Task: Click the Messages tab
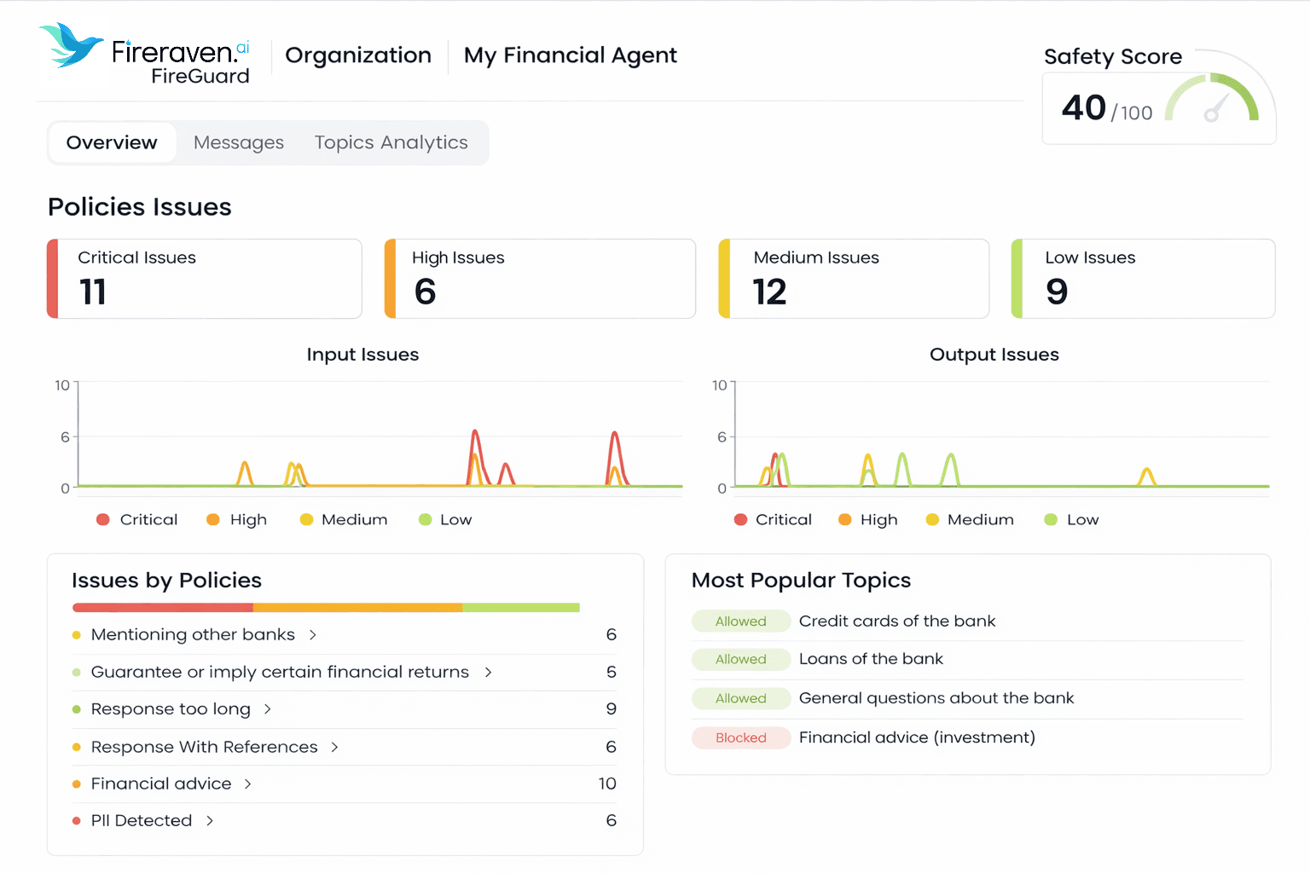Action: (238, 142)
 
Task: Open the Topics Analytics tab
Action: (391, 142)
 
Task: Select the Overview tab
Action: (112, 142)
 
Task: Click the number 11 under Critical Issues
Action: (92, 292)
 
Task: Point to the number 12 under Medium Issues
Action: (769, 292)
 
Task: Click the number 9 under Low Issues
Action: (1057, 292)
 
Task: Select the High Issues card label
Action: (458, 257)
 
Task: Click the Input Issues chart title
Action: (362, 355)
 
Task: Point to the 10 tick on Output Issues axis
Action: (719, 385)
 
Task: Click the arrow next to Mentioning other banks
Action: (313, 635)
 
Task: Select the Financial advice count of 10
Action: (606, 783)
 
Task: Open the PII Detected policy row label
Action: (142, 820)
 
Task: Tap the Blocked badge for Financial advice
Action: (740, 737)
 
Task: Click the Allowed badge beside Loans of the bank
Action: (740, 659)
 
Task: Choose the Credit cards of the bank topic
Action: (896, 621)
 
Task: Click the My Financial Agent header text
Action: (570, 55)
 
